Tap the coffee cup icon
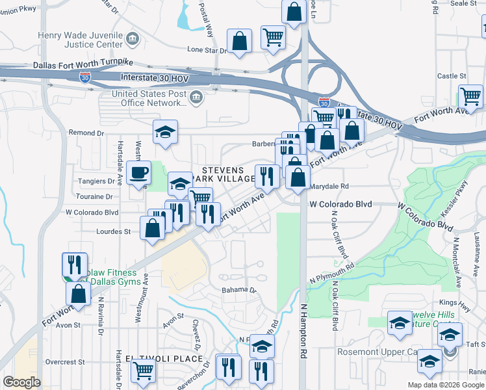(x=138, y=172)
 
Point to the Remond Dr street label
(x=86, y=133)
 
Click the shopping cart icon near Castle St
(x=470, y=96)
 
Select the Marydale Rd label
(x=329, y=186)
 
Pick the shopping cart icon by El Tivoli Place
(x=143, y=370)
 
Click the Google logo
(x=21, y=382)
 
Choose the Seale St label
(x=464, y=3)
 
